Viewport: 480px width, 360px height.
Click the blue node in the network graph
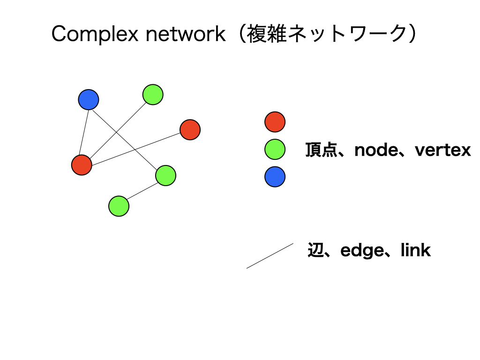click(89, 99)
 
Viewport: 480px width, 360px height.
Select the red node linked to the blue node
click(82, 165)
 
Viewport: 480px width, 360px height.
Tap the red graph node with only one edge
click(190, 129)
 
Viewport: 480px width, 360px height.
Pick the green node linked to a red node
click(153, 95)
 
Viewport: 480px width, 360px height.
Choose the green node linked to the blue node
click(165, 175)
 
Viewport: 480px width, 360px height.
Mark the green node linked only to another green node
click(119, 206)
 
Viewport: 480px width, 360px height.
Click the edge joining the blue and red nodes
click(85, 132)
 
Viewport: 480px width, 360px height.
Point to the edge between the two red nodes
click(136, 147)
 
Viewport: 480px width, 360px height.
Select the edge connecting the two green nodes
click(142, 191)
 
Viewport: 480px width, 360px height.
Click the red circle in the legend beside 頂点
click(275, 122)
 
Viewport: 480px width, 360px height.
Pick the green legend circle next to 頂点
click(275, 150)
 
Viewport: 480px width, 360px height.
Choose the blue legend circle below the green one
click(275, 177)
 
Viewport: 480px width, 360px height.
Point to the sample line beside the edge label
click(270, 256)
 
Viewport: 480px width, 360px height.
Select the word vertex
click(443, 150)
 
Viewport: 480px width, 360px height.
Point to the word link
click(415, 250)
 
